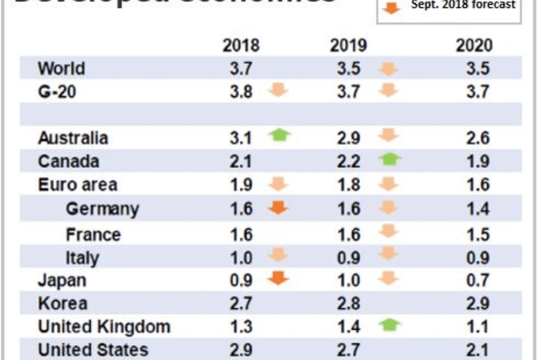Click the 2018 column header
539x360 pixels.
pyautogui.click(x=241, y=46)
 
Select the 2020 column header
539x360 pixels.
pyautogui.click(x=474, y=46)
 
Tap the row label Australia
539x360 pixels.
pyautogui.click(x=73, y=138)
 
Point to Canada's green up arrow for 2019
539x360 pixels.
pyautogui.click(x=389, y=160)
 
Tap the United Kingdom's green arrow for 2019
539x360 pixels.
pyautogui.click(x=389, y=326)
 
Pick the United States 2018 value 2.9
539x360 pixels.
pyautogui.click(x=241, y=350)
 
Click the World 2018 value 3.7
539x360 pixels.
pyautogui.click(x=241, y=68)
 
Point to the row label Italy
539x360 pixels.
pyautogui.click(x=82, y=258)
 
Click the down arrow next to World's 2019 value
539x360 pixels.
pyautogui.click(x=389, y=68)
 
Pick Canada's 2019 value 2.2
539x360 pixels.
pyautogui.click(x=348, y=162)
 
